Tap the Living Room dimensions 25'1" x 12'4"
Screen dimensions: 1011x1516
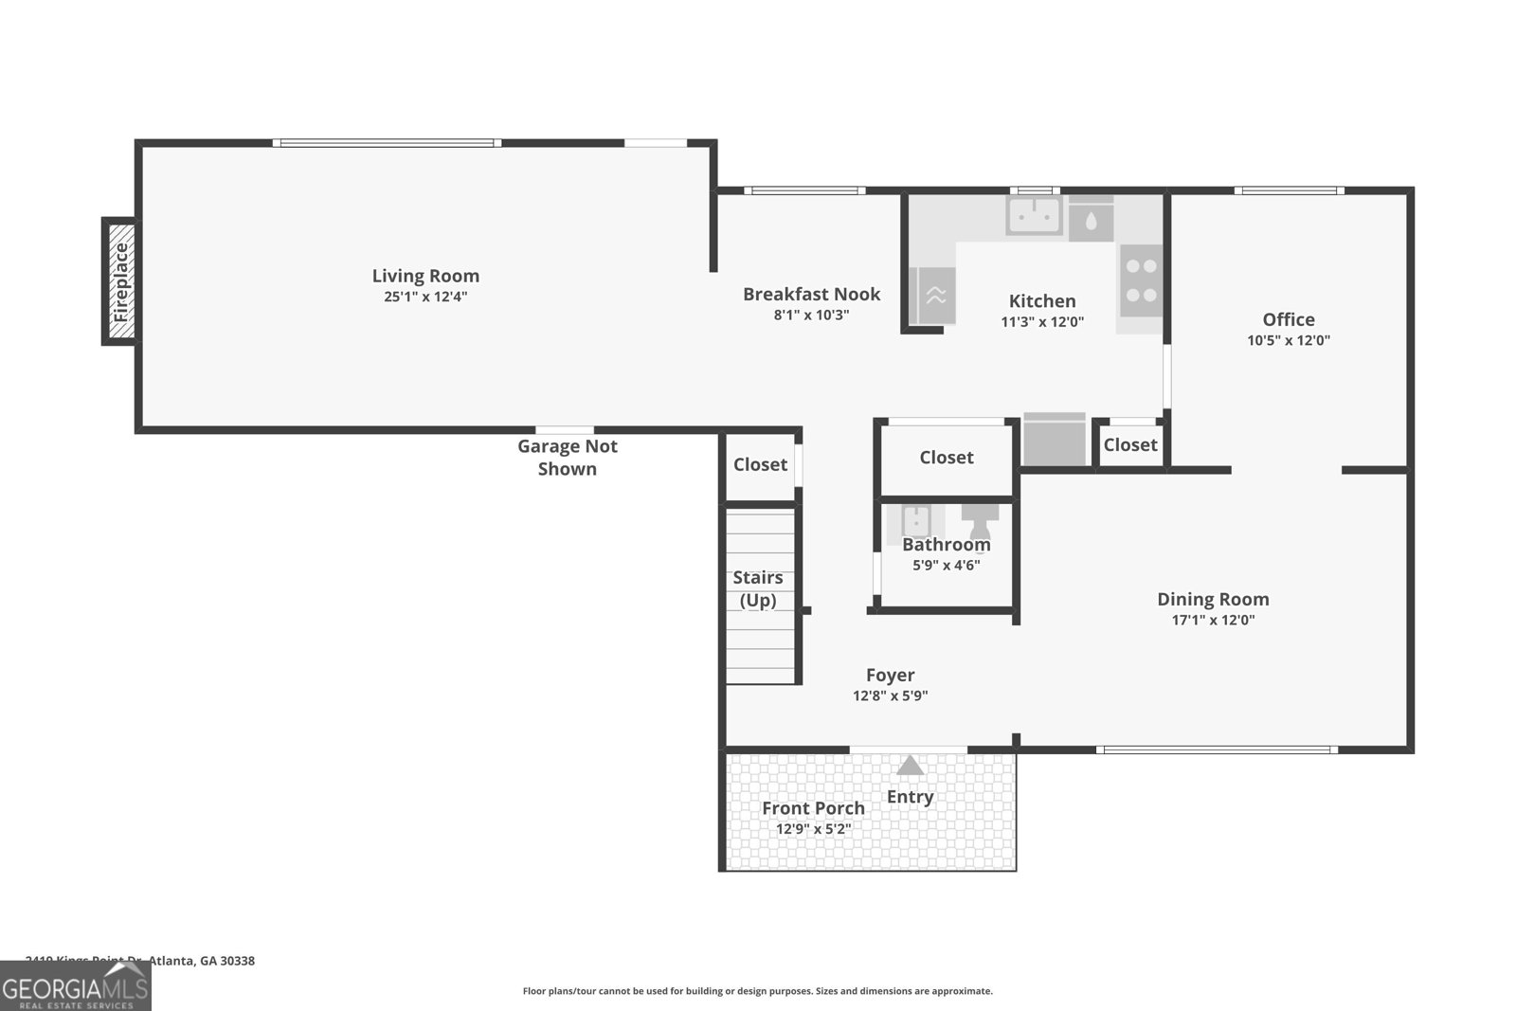pyautogui.click(x=425, y=297)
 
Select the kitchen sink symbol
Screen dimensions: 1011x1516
pyautogui.click(x=1034, y=216)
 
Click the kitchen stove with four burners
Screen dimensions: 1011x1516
pyautogui.click(x=1141, y=280)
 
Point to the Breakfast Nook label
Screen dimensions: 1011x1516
pyautogui.click(x=811, y=295)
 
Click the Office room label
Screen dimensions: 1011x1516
pyautogui.click(x=1289, y=320)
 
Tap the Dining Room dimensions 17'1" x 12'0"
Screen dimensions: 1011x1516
pyautogui.click(x=1213, y=621)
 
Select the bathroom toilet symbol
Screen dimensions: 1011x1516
pyautogui.click(x=981, y=520)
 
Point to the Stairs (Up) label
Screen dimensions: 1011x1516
pyautogui.click(x=758, y=588)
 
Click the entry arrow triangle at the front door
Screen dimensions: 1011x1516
pyautogui.click(x=910, y=765)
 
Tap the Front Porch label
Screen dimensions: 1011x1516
pyautogui.click(x=813, y=808)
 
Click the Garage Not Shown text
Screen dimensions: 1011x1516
pyautogui.click(x=567, y=457)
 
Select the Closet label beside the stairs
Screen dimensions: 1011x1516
pyautogui.click(x=760, y=464)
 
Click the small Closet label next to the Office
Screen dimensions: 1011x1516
pyautogui.click(x=1129, y=444)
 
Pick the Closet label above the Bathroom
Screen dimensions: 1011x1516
pyautogui.click(x=946, y=458)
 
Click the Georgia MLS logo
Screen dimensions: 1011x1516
pyautogui.click(x=76, y=987)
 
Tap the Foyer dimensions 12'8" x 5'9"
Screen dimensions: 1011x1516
pyautogui.click(x=890, y=695)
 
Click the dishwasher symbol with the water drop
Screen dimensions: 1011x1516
pyautogui.click(x=1092, y=220)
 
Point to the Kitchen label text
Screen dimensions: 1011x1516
pyautogui.click(x=1042, y=301)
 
